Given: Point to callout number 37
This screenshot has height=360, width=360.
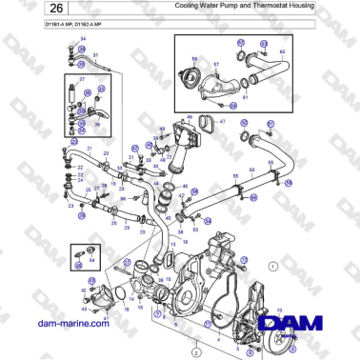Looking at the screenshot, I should click(x=82, y=80).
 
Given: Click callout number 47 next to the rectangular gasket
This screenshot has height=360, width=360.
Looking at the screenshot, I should click(x=222, y=123).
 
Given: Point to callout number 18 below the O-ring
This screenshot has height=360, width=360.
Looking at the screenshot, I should click(x=171, y=244).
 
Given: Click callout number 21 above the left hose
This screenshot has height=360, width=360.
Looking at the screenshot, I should click(x=89, y=150).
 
